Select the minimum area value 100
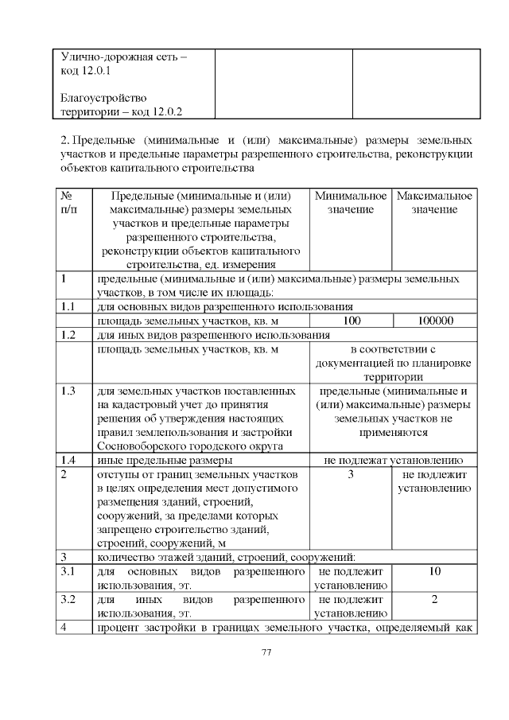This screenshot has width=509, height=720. pos(351,321)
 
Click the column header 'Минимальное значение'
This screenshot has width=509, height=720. pos(351,202)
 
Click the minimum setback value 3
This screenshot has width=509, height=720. pos(351,475)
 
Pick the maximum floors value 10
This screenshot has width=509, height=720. pos(434,572)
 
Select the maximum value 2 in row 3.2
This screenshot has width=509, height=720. pos(434,599)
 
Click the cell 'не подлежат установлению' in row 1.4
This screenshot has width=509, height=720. pos(393,461)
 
